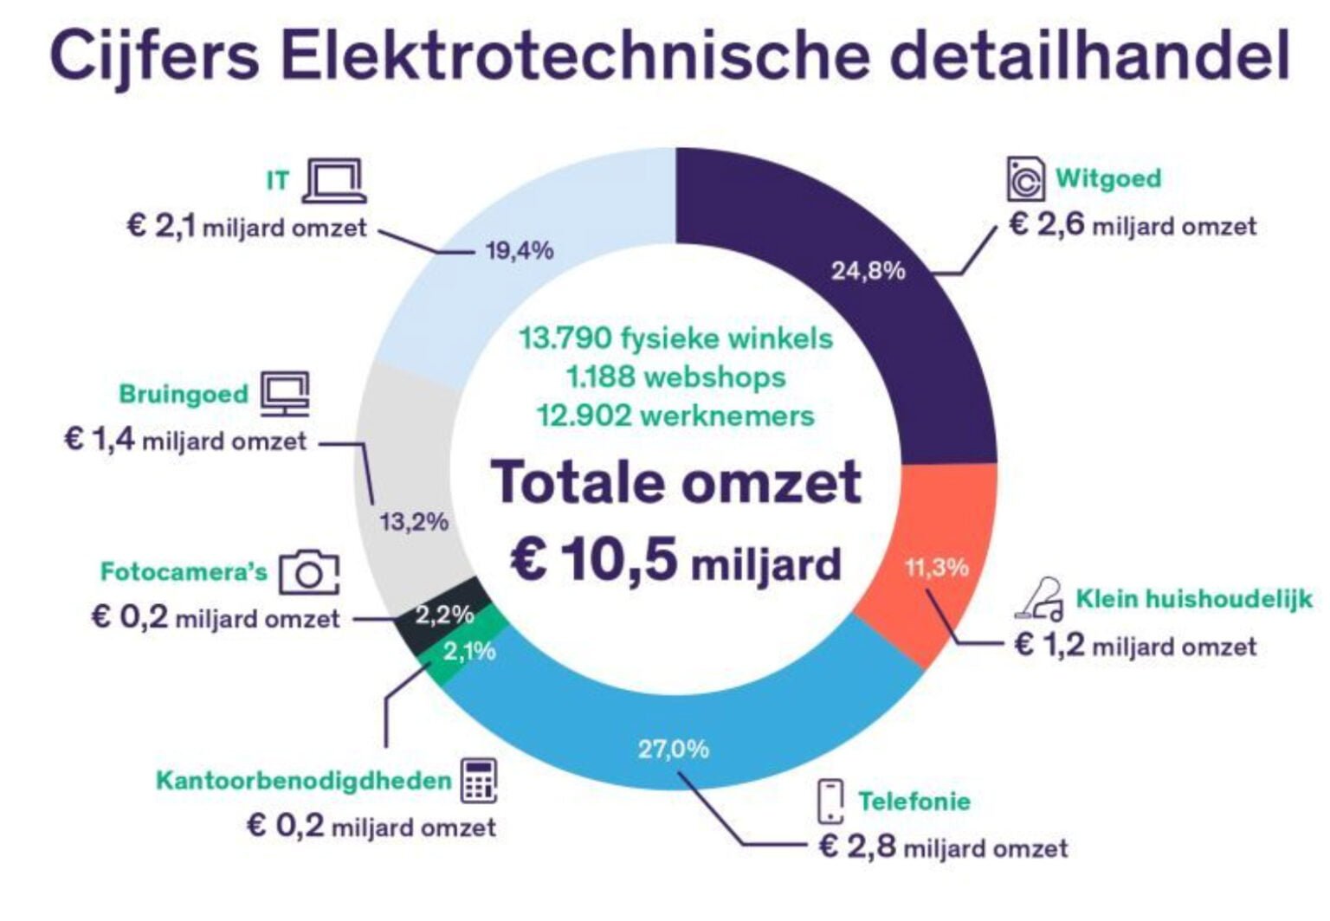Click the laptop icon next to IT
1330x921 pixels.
pos(334,181)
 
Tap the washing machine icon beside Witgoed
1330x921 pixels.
pos(1025,179)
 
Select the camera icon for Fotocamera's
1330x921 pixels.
pos(308,572)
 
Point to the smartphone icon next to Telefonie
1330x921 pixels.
pos(830,801)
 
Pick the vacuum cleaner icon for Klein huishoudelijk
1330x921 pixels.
pos(1041,599)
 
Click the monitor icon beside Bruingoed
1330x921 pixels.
pos(285,394)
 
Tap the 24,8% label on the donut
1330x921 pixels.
pos(868,271)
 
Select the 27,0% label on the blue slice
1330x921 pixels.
pos(673,749)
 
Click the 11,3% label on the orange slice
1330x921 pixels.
pos(936,568)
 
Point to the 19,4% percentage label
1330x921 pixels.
pos(519,251)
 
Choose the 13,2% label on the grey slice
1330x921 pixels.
pos(414,522)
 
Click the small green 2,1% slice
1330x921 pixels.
pos(469,651)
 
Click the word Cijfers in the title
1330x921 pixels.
pos(154,55)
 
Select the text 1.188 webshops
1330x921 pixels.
pos(675,377)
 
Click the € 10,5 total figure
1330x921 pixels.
pos(593,560)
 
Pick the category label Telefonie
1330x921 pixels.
pos(914,801)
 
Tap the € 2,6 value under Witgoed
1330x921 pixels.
pos(1047,225)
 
